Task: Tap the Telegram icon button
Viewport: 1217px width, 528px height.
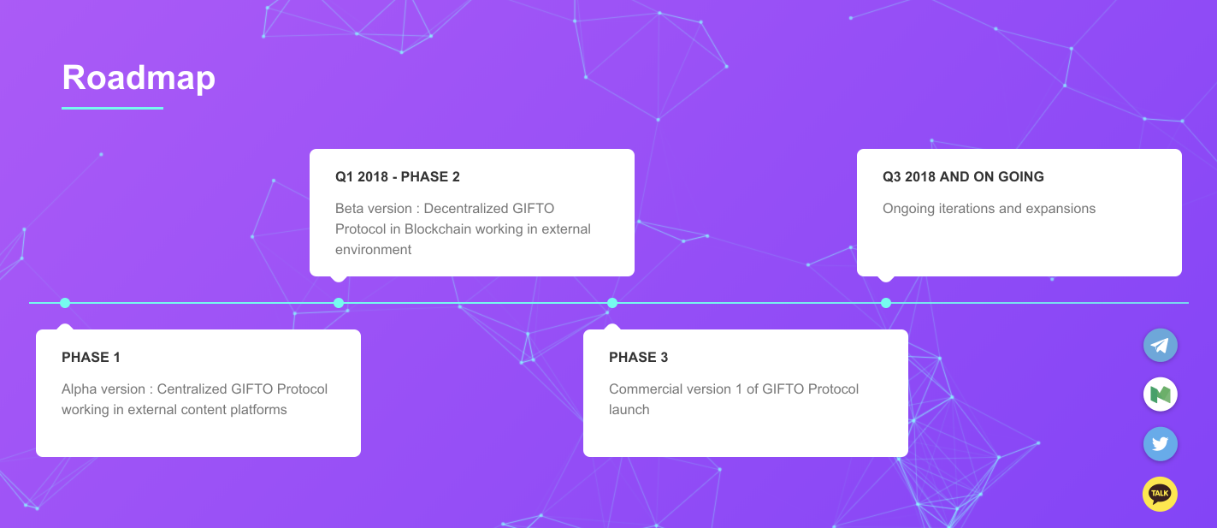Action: point(1160,345)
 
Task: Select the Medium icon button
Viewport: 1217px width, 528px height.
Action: point(1160,395)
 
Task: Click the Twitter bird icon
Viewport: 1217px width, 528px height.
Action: point(1160,444)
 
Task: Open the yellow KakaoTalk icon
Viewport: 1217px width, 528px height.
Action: point(1160,494)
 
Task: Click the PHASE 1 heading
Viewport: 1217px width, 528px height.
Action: point(91,357)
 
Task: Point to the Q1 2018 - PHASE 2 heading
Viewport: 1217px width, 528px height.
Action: point(397,177)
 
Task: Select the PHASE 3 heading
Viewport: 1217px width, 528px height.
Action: point(638,357)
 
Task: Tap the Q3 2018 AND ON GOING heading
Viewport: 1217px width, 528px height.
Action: point(963,177)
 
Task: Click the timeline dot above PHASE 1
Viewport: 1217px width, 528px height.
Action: point(65,303)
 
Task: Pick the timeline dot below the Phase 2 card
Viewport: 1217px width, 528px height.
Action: point(339,303)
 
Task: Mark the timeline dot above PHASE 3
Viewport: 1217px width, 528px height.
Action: point(612,303)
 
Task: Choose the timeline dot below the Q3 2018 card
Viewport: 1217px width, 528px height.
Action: point(885,303)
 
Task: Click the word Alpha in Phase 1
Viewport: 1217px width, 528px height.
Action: point(76,389)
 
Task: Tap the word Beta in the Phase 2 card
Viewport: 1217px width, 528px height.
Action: point(350,209)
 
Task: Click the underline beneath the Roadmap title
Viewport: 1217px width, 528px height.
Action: point(113,108)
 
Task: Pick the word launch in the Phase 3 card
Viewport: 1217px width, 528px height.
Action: point(629,409)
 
